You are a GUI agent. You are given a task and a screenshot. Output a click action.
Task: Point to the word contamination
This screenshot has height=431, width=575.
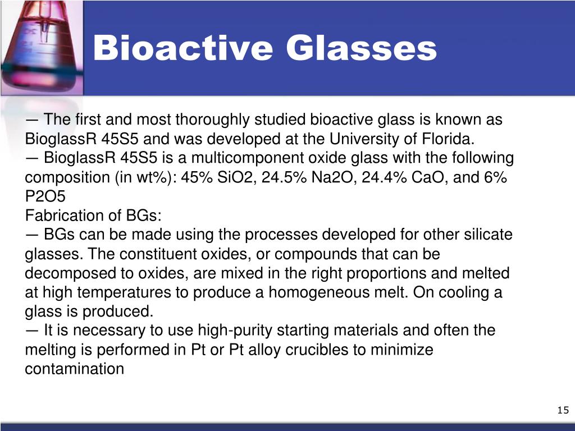pos(74,369)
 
